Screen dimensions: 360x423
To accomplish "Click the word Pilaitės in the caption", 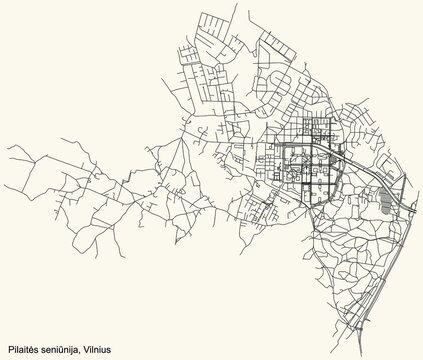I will pyautogui.click(x=24, y=349).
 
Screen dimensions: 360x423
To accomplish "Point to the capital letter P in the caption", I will pyautogui.click(x=9, y=349).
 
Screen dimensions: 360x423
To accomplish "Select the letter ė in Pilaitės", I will pyautogui.click(x=34, y=349).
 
